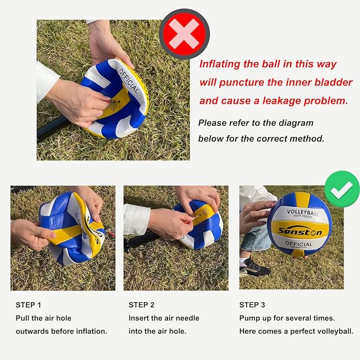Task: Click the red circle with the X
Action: pos(185,34)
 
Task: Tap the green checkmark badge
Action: pos(342,189)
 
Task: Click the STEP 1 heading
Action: pos(28,305)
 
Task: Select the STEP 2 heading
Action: pos(142,305)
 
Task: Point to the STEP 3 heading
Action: pos(252,305)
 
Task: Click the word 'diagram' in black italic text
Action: pos(296,124)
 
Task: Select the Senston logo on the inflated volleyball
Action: pos(300,231)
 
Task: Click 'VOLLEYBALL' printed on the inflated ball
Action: pos(303,213)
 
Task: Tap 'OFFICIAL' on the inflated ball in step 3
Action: pos(298,243)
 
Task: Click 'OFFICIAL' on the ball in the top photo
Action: pos(129,81)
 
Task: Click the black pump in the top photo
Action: pos(52,127)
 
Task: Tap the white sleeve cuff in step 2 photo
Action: pos(137,220)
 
